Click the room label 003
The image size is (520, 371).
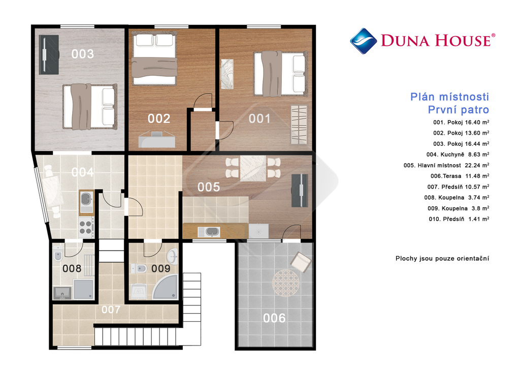pyautogui.click(x=83, y=54)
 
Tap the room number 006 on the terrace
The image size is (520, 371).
pyautogui.click(x=274, y=318)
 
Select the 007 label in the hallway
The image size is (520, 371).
pyautogui.click(x=111, y=310)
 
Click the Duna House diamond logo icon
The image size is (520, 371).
pyautogui.click(x=363, y=41)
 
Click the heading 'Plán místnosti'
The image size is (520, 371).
pyautogui.click(x=450, y=97)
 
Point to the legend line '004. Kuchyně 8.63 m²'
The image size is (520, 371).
pyautogui.click(x=458, y=154)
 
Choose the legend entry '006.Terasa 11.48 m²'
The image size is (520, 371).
pyautogui.click(x=460, y=176)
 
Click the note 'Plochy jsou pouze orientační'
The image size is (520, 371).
pyautogui.click(x=442, y=259)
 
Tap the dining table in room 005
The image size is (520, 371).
pyautogui.click(x=253, y=168)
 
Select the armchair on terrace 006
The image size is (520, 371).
pyautogui.click(x=301, y=262)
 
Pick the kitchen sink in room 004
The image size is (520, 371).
pyautogui.click(x=86, y=202)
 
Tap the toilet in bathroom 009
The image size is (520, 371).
pyautogui.click(x=139, y=268)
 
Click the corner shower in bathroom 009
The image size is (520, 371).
pyautogui.click(x=165, y=286)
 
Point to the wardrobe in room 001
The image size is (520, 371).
pyautogui.click(x=299, y=125)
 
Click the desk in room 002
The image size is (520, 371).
pyautogui.click(x=157, y=140)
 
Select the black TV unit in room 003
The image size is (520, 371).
pyautogui.click(x=49, y=55)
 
